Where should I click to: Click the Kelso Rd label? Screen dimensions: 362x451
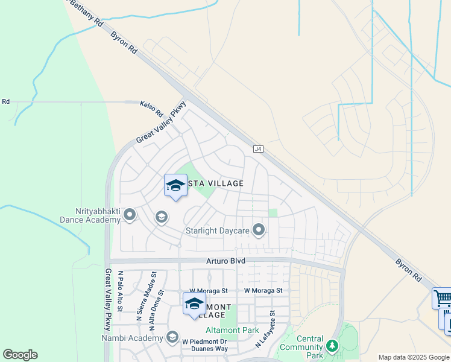click(152, 109)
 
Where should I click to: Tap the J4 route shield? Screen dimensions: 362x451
click(259, 148)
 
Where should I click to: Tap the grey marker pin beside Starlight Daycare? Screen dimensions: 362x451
click(259, 230)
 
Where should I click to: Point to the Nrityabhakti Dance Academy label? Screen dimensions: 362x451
click(90, 216)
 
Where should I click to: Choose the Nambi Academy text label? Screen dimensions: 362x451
click(140, 338)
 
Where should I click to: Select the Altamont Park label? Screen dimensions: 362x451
click(232, 330)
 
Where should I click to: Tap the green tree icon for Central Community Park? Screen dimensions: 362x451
click(331, 346)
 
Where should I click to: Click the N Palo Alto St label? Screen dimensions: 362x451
click(120, 291)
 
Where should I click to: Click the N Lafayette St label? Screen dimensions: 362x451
click(266, 329)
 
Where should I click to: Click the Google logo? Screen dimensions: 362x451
click(20, 355)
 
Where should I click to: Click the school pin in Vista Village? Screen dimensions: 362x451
click(175, 186)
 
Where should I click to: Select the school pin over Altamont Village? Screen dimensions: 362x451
click(194, 305)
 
